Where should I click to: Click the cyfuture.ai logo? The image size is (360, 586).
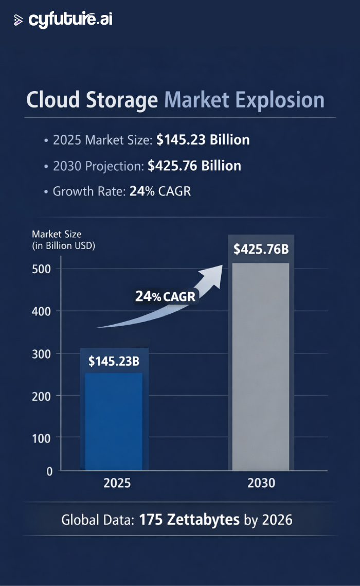tap(63, 20)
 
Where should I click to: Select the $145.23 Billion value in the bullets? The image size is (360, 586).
tap(203, 140)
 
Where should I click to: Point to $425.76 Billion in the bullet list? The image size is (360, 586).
tap(194, 166)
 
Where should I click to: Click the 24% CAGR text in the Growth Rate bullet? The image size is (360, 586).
tap(160, 191)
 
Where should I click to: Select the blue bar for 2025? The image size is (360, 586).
tap(114, 422)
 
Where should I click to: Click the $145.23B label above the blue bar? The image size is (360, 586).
tap(114, 361)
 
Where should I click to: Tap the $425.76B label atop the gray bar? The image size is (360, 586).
tap(261, 250)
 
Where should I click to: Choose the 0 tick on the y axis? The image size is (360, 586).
tap(49, 471)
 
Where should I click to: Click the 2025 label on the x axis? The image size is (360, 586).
tap(117, 484)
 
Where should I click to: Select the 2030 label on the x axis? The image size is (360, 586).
tap(261, 484)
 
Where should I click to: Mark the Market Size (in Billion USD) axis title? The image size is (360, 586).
tap(64, 240)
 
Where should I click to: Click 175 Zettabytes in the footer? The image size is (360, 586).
tap(189, 520)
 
